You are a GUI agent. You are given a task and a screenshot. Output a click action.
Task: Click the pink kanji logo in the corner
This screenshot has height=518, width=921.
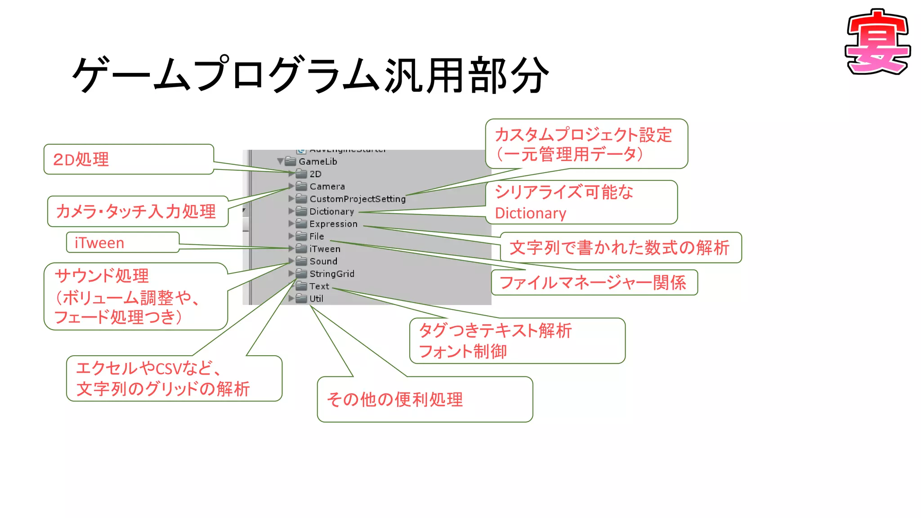click(x=878, y=43)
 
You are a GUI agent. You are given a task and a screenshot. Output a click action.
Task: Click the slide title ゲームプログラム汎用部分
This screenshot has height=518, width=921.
click(x=310, y=75)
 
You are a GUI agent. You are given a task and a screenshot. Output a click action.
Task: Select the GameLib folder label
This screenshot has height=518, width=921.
click(x=317, y=161)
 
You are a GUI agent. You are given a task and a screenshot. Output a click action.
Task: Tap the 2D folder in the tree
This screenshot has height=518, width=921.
click(x=315, y=174)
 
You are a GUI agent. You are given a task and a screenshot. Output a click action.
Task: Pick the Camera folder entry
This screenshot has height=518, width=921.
click(x=326, y=187)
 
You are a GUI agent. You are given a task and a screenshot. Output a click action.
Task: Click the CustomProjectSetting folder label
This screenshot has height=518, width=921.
click(x=357, y=199)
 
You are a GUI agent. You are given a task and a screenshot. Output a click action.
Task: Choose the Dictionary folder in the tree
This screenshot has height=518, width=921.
click(x=331, y=211)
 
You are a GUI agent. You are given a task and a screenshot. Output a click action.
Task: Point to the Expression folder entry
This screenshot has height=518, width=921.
click(x=333, y=224)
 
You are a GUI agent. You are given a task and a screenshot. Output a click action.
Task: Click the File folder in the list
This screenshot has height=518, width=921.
click(x=316, y=236)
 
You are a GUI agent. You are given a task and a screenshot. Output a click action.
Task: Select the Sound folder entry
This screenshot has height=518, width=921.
click(x=323, y=261)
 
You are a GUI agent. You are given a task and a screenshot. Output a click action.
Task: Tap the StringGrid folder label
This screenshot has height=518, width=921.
click(x=331, y=274)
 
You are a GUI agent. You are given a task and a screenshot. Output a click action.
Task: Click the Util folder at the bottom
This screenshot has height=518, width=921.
click(x=316, y=299)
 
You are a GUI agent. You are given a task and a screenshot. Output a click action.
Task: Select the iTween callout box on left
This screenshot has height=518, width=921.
click(x=122, y=243)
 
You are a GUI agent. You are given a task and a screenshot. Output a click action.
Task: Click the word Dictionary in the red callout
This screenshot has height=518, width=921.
click(x=530, y=213)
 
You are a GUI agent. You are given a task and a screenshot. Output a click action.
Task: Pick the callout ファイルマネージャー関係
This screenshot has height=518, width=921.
click(x=594, y=283)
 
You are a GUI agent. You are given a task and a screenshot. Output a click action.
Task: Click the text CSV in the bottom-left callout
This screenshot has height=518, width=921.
click(x=168, y=369)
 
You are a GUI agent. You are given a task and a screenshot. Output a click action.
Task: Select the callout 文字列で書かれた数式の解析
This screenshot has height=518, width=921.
click(x=620, y=248)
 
